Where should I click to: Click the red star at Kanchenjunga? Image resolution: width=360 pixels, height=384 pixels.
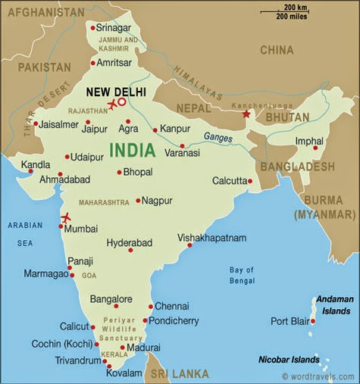tap(246, 114)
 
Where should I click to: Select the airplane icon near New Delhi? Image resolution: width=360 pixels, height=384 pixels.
tap(113, 104)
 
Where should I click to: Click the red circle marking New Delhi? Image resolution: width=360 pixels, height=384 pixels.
tap(122, 101)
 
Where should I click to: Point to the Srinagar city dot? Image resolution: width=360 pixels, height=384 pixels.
tap(92, 28)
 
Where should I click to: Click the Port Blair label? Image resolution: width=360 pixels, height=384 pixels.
tap(289, 321)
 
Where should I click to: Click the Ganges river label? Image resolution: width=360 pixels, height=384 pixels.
tap(218, 137)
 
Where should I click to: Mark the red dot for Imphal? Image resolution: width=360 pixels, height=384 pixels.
tap(315, 148)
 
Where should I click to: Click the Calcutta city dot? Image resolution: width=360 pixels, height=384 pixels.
tap(249, 181)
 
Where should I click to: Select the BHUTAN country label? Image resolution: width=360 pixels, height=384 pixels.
tap(287, 117)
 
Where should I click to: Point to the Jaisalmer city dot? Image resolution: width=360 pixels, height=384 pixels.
tap(35, 123)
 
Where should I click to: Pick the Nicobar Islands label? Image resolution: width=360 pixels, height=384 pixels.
tap(288, 360)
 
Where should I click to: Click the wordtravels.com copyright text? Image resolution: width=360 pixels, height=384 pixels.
tap(318, 376)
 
